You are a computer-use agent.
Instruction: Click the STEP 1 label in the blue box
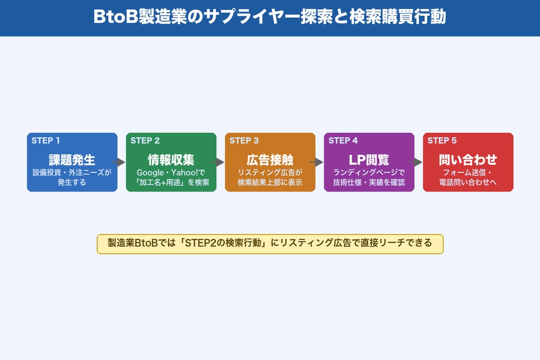click(x=46, y=141)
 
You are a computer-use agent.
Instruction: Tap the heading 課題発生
click(x=72, y=160)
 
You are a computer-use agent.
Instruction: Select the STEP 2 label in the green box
click(x=145, y=141)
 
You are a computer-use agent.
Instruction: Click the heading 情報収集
click(x=171, y=160)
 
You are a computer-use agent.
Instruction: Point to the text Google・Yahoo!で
click(x=171, y=173)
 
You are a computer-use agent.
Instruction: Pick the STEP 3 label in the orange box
click(x=244, y=141)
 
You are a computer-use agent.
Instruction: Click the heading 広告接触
click(x=270, y=160)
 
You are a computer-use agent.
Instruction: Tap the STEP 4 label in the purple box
click(x=343, y=141)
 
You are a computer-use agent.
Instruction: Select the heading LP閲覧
click(x=369, y=160)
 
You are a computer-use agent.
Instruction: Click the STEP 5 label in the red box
click(x=442, y=141)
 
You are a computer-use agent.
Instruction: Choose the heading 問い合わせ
click(x=468, y=160)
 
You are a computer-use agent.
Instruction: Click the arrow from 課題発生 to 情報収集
click(x=121, y=162)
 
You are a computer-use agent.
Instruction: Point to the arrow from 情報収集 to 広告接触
click(x=220, y=162)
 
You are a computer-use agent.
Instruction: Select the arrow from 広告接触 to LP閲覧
click(x=320, y=162)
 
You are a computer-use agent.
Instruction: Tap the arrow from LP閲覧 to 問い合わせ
click(x=419, y=162)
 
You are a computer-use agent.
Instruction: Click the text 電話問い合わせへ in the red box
click(x=468, y=183)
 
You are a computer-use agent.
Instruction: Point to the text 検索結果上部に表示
click(x=270, y=183)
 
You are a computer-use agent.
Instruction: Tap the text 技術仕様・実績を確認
click(x=369, y=183)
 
